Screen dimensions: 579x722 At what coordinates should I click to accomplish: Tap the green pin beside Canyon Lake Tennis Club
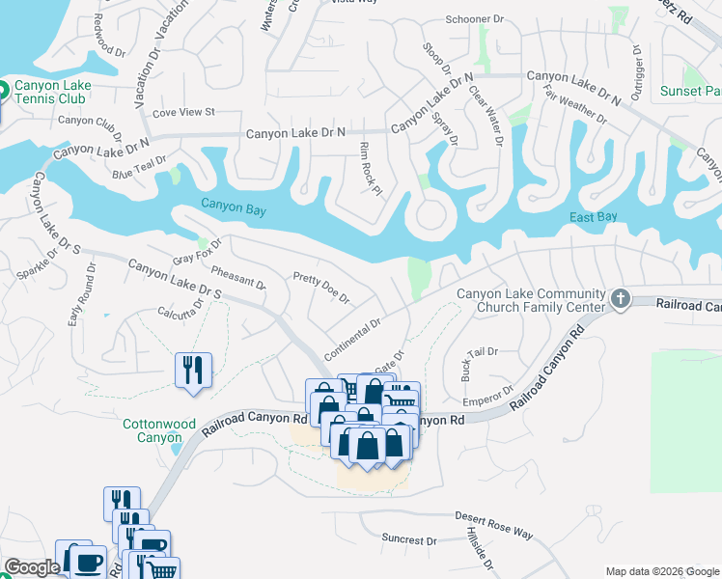(x=3, y=94)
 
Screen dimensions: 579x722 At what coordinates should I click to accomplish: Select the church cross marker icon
(x=620, y=300)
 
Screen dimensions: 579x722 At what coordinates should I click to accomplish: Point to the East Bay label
(x=593, y=217)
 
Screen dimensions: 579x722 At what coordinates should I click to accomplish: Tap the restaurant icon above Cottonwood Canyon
(x=193, y=370)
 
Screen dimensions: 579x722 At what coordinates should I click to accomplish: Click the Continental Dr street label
(x=353, y=333)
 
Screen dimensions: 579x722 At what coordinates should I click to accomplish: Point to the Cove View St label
(x=182, y=112)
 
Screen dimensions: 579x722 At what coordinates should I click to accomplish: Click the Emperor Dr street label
(x=486, y=396)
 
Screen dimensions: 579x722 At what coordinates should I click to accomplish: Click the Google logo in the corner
(x=32, y=567)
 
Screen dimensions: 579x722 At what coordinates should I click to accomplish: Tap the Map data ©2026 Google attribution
(x=661, y=571)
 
